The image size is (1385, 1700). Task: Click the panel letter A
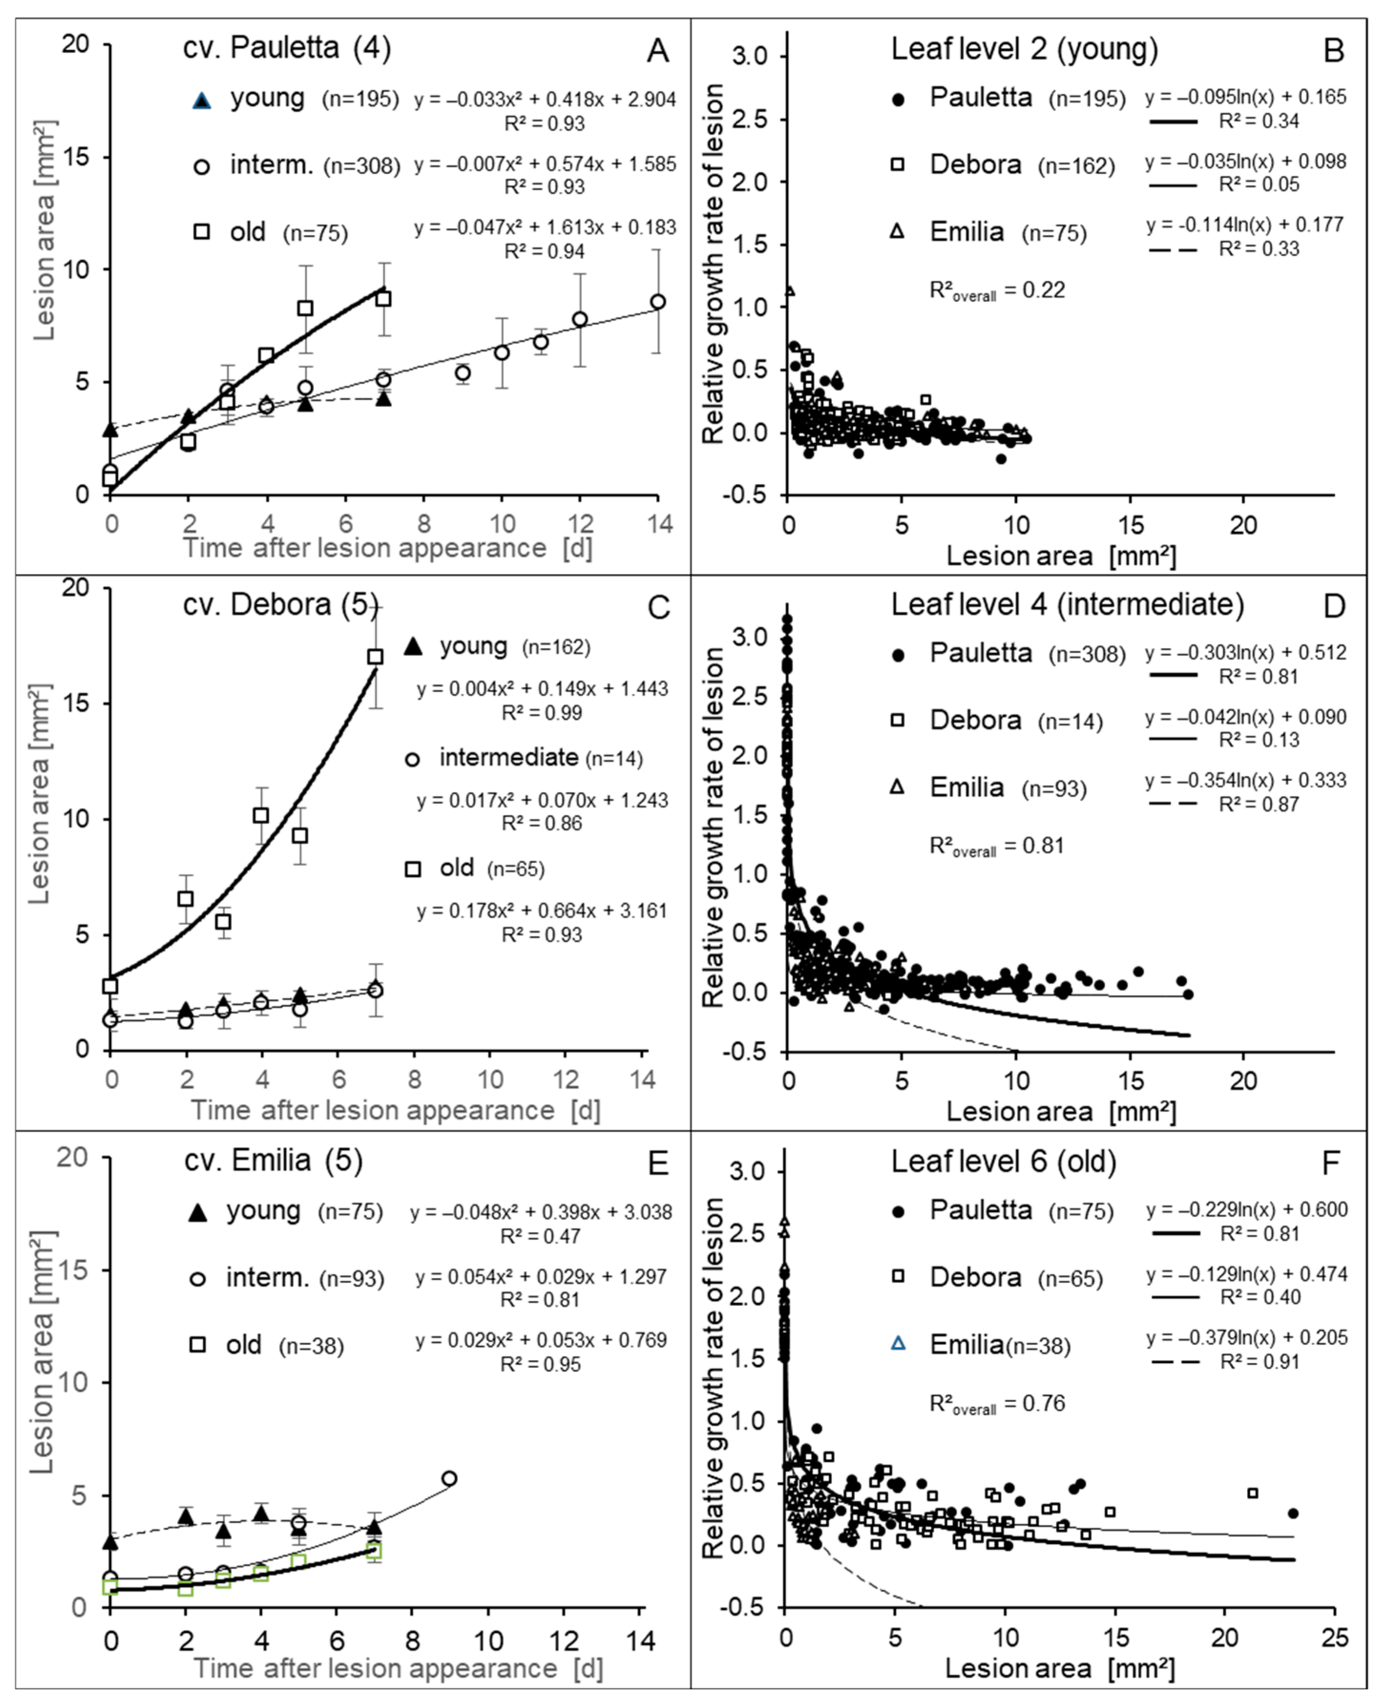(x=657, y=51)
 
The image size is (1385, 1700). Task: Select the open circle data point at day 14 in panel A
(x=657, y=302)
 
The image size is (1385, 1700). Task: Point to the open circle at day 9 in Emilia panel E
(x=449, y=1478)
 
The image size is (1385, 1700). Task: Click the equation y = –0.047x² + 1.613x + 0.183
(x=545, y=228)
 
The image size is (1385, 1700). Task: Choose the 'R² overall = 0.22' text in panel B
(x=997, y=291)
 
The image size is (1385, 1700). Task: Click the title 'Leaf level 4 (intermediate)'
(x=1067, y=605)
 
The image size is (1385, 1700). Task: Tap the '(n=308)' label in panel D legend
(x=1087, y=655)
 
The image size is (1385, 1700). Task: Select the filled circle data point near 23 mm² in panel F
(x=1293, y=1513)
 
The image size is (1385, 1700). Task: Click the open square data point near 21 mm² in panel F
(x=1252, y=1492)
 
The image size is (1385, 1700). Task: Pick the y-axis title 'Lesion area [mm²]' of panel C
(x=40, y=794)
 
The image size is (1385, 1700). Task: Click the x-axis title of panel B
(x=1061, y=555)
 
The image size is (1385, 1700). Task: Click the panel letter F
(x=1331, y=1164)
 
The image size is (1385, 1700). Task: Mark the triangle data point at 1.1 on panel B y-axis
(x=790, y=291)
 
